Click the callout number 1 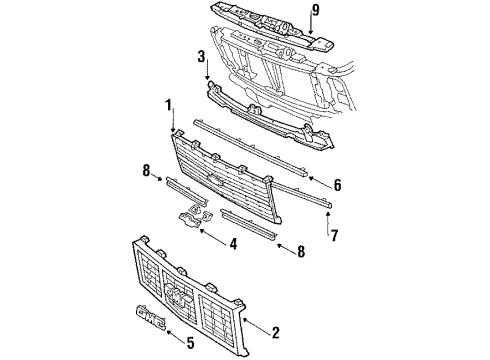pos(170,105)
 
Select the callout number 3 pos(201,58)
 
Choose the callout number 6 pos(337,186)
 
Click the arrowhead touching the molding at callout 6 pos(312,179)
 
